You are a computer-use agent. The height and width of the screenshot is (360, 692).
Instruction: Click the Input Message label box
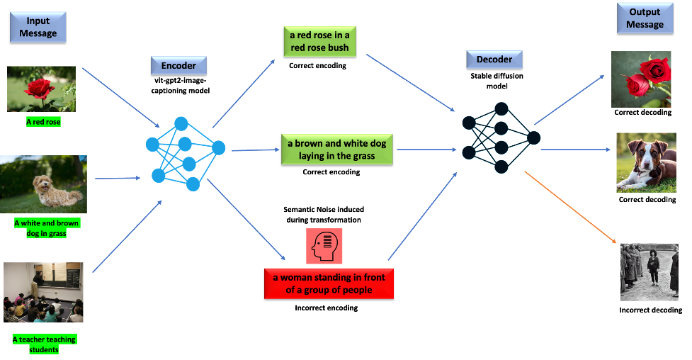38,27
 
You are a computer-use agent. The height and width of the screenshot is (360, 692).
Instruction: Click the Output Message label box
645,18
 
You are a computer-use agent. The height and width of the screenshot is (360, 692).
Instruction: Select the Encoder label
178,66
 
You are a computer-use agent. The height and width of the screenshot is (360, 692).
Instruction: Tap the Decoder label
494,59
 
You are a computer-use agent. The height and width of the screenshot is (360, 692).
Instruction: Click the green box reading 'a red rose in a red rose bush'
319,41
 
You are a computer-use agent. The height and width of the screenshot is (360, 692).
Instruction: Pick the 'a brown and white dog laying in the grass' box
336,150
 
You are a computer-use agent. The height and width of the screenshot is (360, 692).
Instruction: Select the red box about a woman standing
329,283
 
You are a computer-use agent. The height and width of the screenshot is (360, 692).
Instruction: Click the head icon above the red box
324,246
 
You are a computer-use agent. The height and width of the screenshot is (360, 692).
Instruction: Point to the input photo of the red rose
41,89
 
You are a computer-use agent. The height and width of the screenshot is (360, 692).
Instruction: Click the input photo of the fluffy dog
43,184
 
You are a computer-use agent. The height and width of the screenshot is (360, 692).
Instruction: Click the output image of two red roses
641,79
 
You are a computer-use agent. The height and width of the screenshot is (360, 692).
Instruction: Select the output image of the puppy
641,162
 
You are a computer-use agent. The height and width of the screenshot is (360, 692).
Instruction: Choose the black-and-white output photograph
649,272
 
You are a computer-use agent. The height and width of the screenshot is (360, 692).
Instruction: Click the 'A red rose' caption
43,122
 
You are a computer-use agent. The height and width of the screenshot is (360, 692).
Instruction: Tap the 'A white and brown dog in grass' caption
47,228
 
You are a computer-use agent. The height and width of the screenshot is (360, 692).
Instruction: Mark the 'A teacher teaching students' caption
44,344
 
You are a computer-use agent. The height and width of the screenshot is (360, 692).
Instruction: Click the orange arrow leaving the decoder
569,206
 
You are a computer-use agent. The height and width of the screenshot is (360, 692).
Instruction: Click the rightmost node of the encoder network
218,147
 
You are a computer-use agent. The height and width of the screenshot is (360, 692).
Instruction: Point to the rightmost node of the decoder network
533,137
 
